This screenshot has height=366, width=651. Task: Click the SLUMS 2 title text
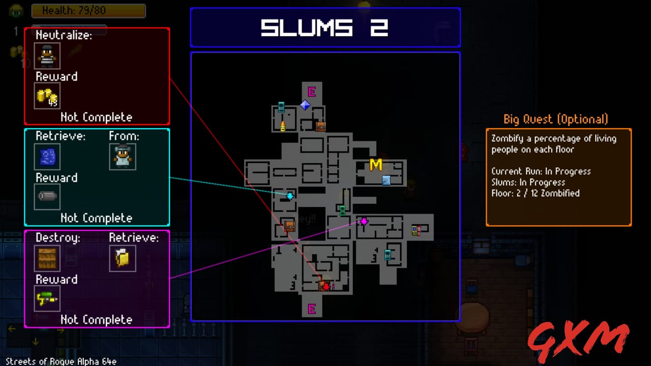coord(324,28)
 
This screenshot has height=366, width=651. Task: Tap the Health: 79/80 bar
coord(88,11)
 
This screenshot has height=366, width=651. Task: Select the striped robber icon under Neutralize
coord(47,56)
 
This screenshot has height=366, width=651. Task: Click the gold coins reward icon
coord(47,96)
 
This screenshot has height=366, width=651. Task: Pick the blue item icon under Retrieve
coord(47,157)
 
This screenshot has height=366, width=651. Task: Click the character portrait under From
coord(122,157)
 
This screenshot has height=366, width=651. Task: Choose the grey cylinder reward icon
coord(47,197)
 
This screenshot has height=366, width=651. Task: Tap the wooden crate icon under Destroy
coord(47,258)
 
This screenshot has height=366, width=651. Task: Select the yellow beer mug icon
coord(122,258)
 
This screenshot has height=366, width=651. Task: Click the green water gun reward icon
coord(47,298)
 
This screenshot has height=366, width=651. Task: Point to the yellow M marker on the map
coord(376,165)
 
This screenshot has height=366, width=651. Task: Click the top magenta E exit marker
coord(312,91)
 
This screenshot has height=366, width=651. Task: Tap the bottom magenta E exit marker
coord(312,309)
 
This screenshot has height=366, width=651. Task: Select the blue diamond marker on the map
coord(305,105)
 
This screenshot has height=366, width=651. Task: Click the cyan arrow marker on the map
coord(290,196)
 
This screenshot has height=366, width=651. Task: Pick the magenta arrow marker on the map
coord(364,221)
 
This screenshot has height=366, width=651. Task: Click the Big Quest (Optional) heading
coord(555,119)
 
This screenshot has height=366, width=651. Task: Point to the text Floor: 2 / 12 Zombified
coord(535,193)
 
